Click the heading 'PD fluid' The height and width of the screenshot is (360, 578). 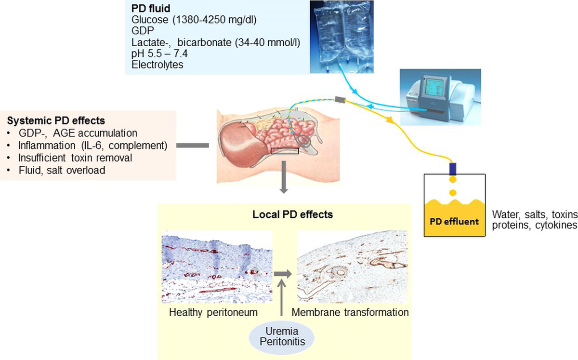[151, 9]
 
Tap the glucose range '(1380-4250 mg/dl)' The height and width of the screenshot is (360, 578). [214, 20]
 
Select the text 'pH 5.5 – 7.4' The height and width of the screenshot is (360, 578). [159, 53]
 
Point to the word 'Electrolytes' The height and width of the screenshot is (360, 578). [157, 65]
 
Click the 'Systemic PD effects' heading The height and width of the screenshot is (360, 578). [56, 120]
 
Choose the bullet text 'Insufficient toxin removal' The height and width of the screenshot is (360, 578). [75, 158]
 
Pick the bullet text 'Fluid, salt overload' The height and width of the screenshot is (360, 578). [62, 170]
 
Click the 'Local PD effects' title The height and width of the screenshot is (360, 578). [293, 214]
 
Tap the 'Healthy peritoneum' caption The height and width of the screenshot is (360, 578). [213, 312]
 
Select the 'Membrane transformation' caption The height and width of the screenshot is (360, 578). [350, 312]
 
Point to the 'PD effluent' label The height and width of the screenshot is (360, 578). [454, 221]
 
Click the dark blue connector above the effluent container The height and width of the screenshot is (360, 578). [453, 169]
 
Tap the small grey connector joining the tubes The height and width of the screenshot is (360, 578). [340, 99]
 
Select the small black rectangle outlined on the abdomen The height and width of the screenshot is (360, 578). [285, 151]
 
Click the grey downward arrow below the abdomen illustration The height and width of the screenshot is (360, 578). [284, 177]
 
